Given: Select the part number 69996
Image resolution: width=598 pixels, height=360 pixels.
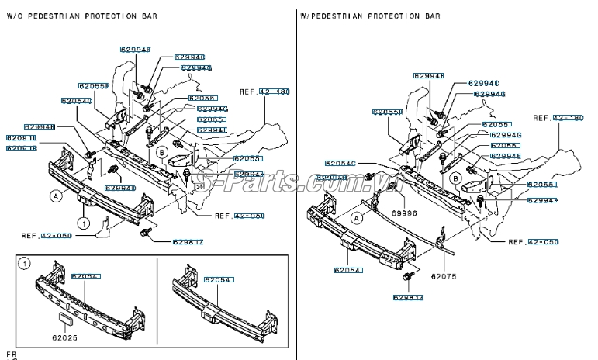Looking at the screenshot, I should pos(403,212).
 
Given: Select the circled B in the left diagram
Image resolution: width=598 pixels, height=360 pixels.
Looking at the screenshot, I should pos(162,153).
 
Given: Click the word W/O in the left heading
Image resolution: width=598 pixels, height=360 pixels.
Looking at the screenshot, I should pos(16,16).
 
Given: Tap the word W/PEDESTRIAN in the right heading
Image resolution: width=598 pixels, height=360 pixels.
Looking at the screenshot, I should pos(334,16).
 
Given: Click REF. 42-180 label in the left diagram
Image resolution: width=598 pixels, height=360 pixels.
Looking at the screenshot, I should pos(264,92).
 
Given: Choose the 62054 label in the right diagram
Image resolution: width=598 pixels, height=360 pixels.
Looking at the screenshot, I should pos(348,270).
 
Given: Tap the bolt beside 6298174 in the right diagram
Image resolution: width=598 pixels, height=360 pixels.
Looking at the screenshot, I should pos(407,276).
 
